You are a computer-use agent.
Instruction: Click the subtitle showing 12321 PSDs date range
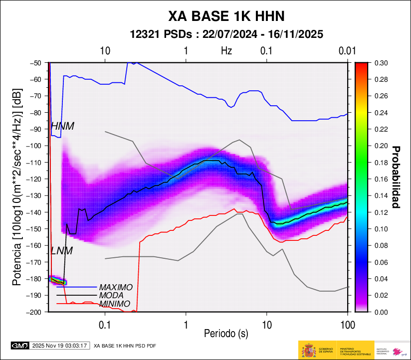(x=226, y=34)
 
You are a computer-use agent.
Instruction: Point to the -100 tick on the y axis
(x=36, y=146)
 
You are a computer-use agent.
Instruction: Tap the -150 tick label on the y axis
(x=36, y=229)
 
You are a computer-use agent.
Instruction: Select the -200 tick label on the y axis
(x=36, y=312)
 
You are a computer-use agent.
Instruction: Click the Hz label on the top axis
(x=226, y=51)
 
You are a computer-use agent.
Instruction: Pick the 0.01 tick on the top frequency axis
(x=347, y=51)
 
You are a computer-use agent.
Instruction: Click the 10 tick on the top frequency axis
(x=105, y=51)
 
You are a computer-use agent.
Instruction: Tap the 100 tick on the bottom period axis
(x=347, y=325)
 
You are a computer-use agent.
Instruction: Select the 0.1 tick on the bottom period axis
(x=105, y=325)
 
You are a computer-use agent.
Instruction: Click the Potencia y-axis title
(x=17, y=187)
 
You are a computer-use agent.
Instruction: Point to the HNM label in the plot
(x=63, y=127)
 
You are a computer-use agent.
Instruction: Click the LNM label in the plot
(x=62, y=251)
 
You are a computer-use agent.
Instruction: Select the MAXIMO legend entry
(x=116, y=288)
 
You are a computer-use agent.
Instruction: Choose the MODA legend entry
(x=112, y=296)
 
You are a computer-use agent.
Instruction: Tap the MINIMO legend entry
(x=115, y=304)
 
